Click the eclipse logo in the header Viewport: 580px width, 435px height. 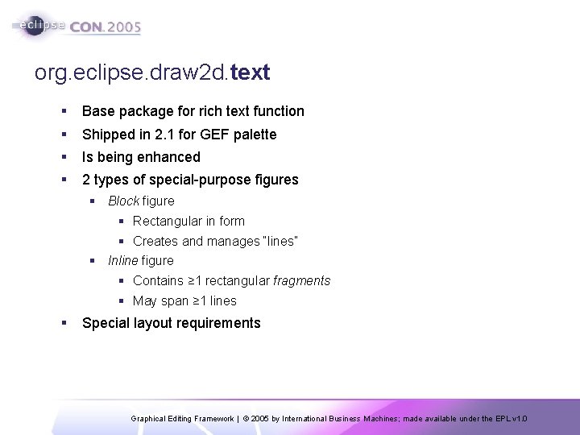point(38,25)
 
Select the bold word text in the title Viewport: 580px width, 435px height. point(250,73)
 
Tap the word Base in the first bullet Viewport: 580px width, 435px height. point(97,111)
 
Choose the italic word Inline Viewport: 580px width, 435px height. point(123,260)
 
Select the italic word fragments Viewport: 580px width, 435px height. point(302,281)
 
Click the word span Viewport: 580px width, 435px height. point(171,301)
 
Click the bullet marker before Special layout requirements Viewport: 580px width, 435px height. point(64,323)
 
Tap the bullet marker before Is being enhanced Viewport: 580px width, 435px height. point(64,157)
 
